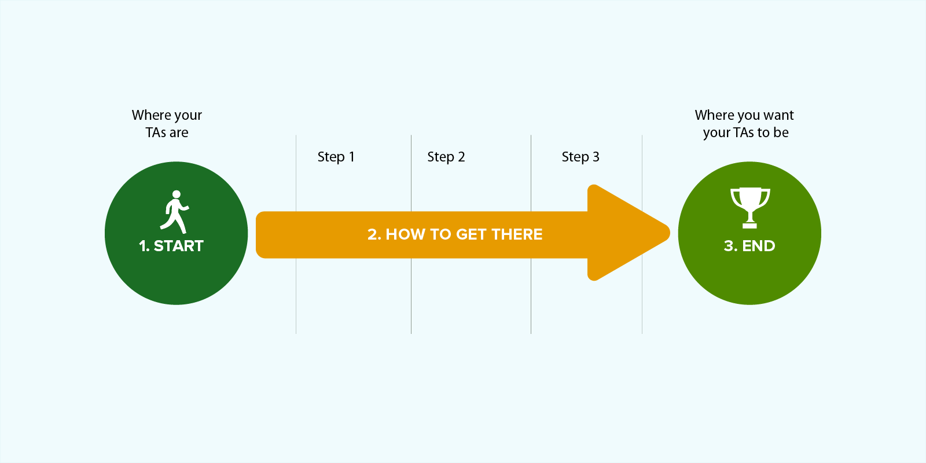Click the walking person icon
(174, 211)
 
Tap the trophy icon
(749, 207)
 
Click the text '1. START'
(171, 246)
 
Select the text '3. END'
(749, 246)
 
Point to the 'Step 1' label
(336, 157)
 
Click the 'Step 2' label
(446, 157)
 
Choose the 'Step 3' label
(580, 157)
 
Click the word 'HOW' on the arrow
(405, 234)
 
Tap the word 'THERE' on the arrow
(517, 234)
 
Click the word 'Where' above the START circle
(149, 115)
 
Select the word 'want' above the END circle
(779, 115)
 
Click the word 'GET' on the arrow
(471, 234)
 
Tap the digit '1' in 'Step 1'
(351, 157)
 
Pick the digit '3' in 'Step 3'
(596, 157)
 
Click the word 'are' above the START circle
(179, 133)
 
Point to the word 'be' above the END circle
(781, 133)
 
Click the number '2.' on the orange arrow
(374, 234)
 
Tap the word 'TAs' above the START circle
(156, 133)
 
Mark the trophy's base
(749, 225)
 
